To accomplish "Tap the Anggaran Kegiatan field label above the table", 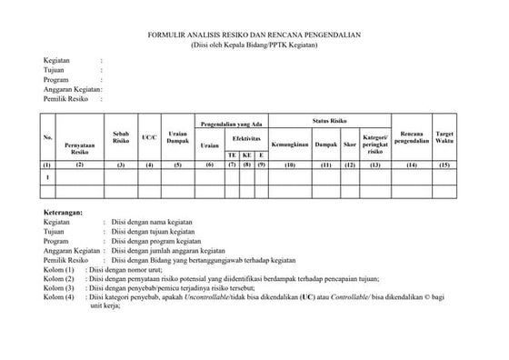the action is pyautogui.click(x=72, y=89).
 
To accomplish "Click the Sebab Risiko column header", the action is pyautogui.click(x=120, y=136).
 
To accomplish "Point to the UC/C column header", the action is pyautogui.click(x=150, y=139).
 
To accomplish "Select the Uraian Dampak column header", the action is pyautogui.click(x=178, y=139).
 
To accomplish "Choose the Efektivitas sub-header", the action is pyautogui.click(x=246, y=138).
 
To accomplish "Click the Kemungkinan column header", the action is pyautogui.click(x=291, y=145).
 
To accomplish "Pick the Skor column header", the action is pyautogui.click(x=349, y=145).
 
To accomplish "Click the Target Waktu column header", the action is pyautogui.click(x=445, y=136).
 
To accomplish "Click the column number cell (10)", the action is pyautogui.click(x=291, y=165).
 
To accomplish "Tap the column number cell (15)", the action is pyautogui.click(x=445, y=165).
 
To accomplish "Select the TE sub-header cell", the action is pyautogui.click(x=233, y=155).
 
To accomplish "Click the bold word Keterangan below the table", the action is pyautogui.click(x=63, y=211).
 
